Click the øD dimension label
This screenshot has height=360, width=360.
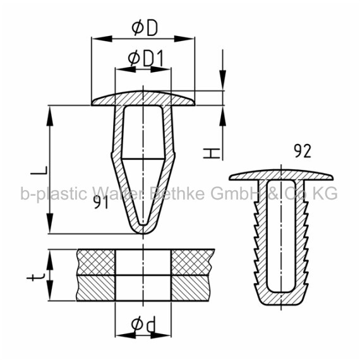coord(145,28)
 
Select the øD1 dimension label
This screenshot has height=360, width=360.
coord(146,59)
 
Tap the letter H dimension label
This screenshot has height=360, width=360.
coord(212,153)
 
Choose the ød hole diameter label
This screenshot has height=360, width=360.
coord(143,324)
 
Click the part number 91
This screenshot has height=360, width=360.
coord(101,203)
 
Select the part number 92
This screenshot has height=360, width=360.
coord(303,152)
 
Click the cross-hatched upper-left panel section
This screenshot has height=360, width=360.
coord(96,262)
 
